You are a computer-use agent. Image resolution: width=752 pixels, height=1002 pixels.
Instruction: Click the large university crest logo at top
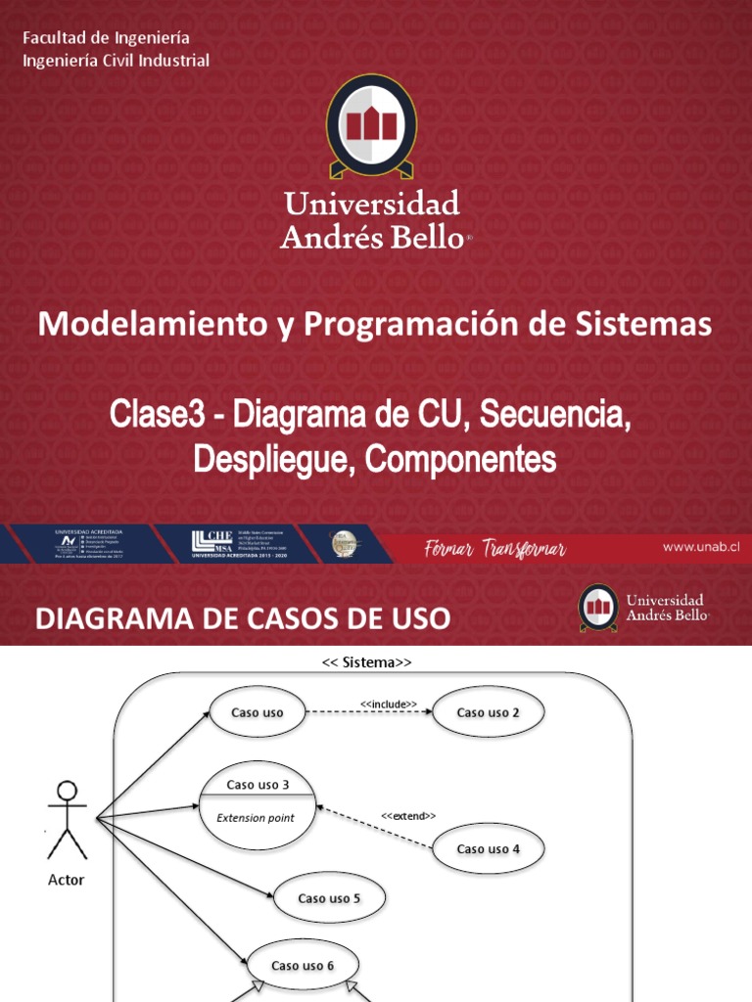(x=371, y=126)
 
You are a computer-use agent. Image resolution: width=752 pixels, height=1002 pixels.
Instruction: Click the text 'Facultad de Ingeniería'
(x=106, y=37)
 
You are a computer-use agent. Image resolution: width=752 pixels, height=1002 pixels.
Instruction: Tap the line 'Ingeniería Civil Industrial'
(x=116, y=61)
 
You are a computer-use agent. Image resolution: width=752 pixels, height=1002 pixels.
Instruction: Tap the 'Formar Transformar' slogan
(x=494, y=549)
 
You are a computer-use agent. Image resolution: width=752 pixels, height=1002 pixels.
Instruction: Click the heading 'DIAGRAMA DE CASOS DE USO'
(x=243, y=618)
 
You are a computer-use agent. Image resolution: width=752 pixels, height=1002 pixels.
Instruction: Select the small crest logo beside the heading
(x=597, y=608)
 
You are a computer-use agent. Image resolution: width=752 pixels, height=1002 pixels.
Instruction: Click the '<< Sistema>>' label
(x=367, y=662)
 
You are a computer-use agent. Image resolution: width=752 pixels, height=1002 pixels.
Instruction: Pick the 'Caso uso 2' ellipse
(x=488, y=712)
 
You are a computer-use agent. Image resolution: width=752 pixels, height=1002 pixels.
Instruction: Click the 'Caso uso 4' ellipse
(x=488, y=848)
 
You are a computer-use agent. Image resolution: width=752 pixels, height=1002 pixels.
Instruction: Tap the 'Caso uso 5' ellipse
(x=329, y=898)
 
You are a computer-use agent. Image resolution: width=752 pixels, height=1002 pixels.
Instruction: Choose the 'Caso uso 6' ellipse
(x=303, y=966)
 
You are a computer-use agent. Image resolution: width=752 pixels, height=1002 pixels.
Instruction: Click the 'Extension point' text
(x=255, y=818)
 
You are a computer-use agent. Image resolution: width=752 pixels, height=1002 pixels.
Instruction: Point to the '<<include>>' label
(x=389, y=704)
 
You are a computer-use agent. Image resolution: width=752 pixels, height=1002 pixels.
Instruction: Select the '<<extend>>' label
(x=407, y=815)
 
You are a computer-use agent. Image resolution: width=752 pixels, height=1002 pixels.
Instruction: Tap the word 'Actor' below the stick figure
(x=67, y=880)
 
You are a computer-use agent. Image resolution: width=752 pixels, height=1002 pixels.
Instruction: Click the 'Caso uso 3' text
(x=258, y=784)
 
